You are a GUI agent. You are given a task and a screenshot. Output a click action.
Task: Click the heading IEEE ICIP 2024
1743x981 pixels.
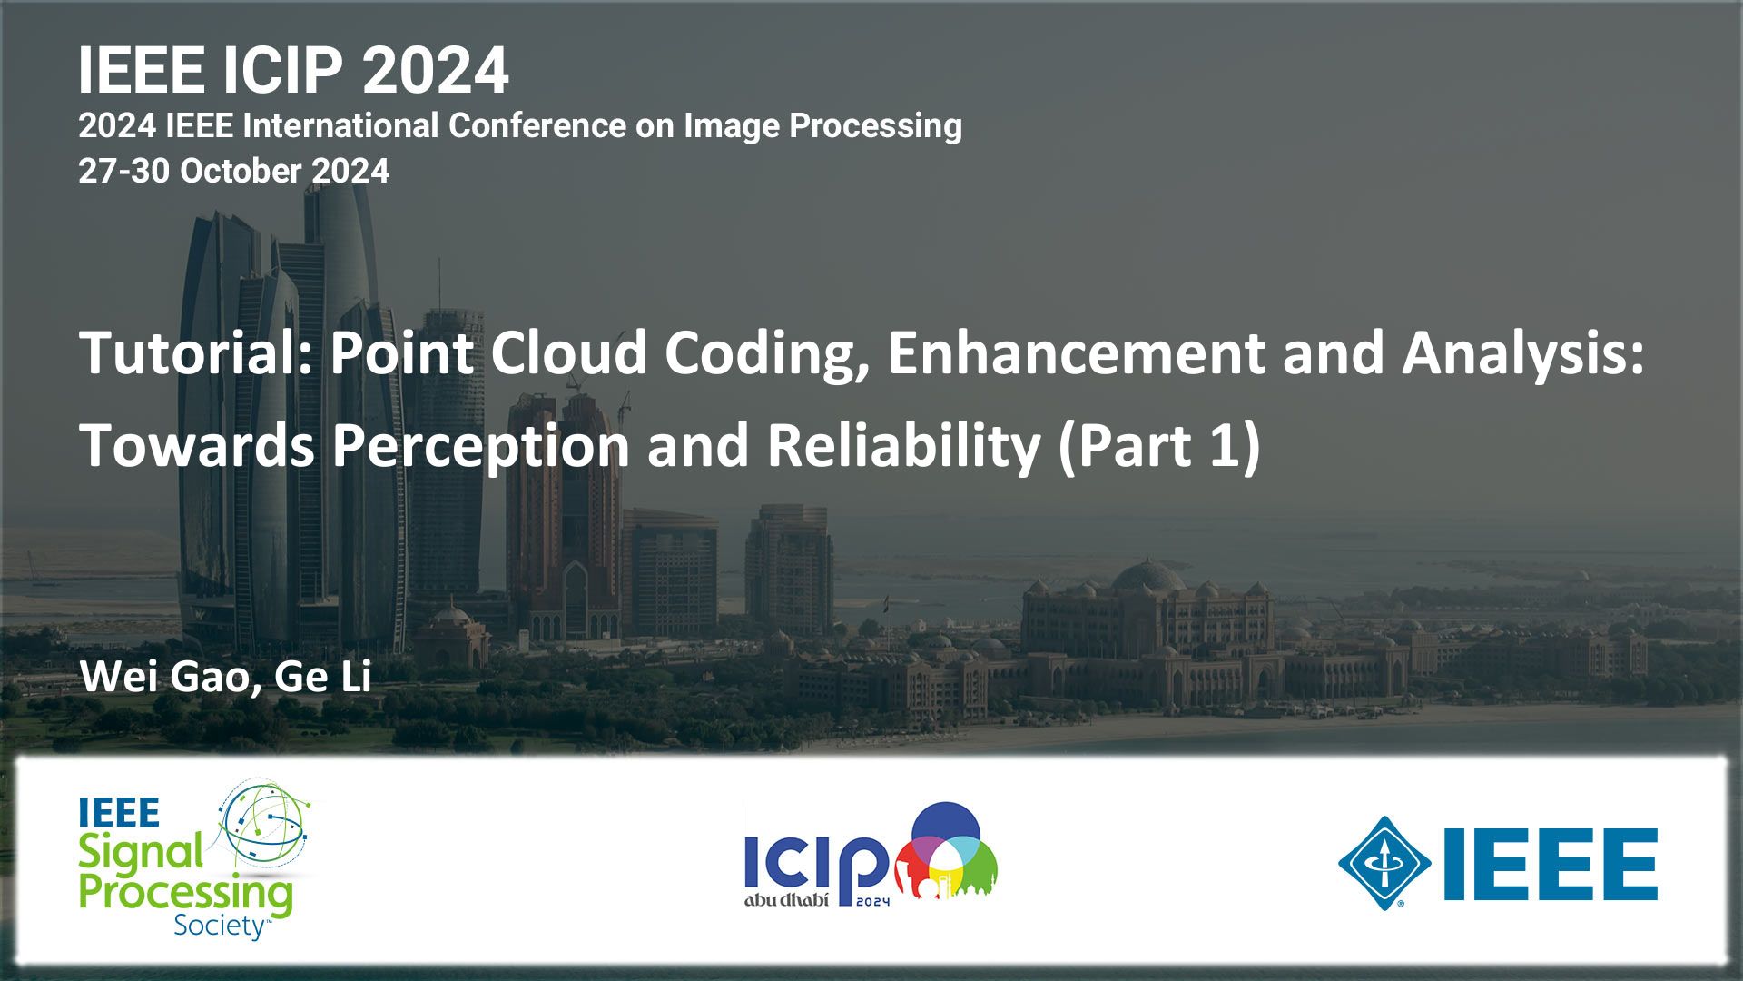point(293,70)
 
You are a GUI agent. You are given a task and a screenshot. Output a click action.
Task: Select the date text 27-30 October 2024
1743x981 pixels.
point(233,171)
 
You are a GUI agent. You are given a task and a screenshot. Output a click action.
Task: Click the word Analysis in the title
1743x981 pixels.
point(1522,354)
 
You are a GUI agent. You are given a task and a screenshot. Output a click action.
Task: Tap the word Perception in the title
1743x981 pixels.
point(480,447)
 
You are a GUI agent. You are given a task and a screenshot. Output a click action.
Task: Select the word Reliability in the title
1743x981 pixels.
point(904,447)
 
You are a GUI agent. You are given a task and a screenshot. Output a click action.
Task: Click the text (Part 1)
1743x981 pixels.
point(1159,446)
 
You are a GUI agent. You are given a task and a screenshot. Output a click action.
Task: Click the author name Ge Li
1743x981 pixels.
point(323,677)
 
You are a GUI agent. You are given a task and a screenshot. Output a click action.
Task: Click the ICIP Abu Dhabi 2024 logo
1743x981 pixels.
point(871,854)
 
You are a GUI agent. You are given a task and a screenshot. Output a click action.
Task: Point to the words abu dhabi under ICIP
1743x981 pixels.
point(786,900)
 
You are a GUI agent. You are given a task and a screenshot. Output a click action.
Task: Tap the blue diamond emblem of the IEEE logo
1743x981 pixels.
point(1384,863)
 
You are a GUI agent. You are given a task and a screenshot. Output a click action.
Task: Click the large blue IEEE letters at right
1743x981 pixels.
point(1551,864)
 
